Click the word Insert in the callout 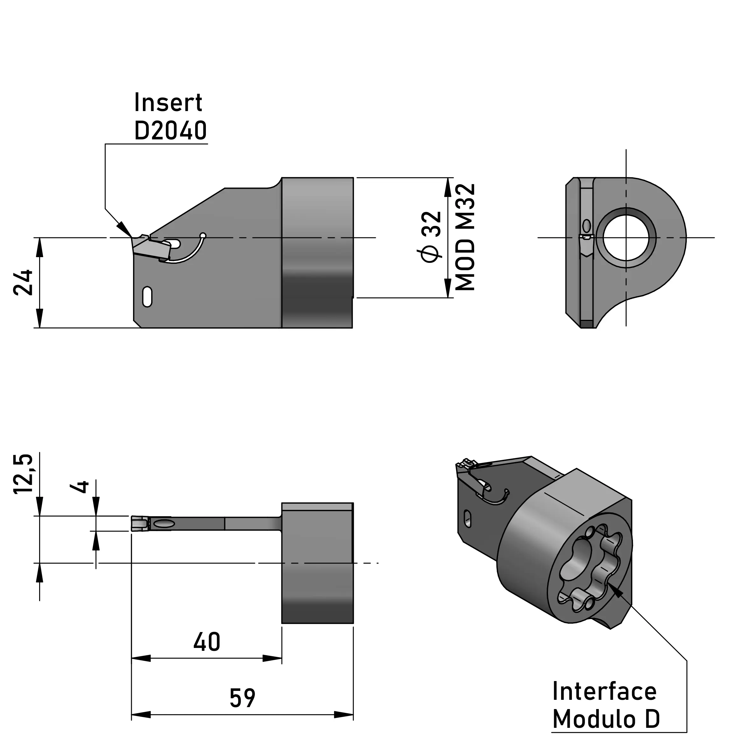(x=168, y=103)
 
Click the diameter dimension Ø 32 (x=431, y=237)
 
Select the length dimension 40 (x=207, y=642)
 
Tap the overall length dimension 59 (x=242, y=698)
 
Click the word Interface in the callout (x=604, y=691)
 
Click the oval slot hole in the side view (x=147, y=297)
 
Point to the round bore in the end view (x=626, y=237)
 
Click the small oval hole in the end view (x=587, y=226)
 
